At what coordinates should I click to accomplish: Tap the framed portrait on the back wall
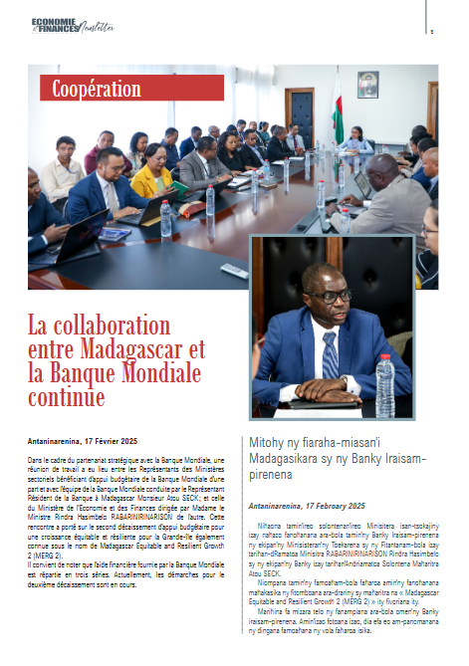coord(367,85)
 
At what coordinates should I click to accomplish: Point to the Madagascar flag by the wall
coord(338,110)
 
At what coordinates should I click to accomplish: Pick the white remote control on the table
coord(233,270)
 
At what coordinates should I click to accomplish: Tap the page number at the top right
coord(431,31)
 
